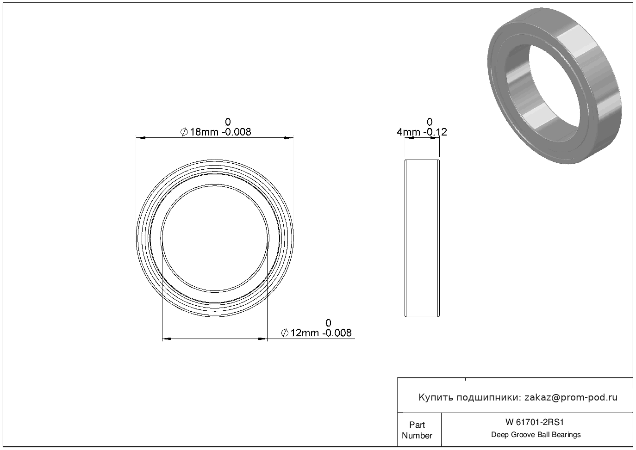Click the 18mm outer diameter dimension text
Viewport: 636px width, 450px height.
tap(216, 132)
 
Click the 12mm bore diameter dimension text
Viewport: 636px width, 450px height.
tap(316, 333)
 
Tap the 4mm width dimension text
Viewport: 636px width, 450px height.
tap(422, 132)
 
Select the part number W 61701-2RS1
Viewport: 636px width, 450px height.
tap(535, 422)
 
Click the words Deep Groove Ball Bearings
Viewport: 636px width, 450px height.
tap(536, 435)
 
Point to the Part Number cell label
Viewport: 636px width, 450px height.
tap(417, 430)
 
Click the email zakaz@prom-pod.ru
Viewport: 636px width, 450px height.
tap(571, 398)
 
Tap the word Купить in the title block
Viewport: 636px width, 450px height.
tap(436, 398)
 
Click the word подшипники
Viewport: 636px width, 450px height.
tap(489, 398)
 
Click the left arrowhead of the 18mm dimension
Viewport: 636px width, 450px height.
tap(141, 138)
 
